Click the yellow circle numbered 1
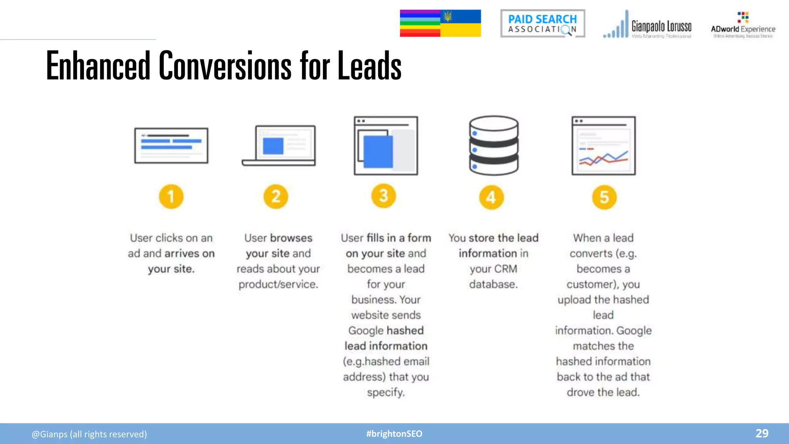[x=171, y=197]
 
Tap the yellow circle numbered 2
[x=276, y=197]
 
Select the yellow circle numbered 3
[x=384, y=196]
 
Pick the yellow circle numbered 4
[x=491, y=197]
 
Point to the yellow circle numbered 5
[x=604, y=197]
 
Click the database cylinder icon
[x=494, y=145]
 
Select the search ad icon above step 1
[x=171, y=146]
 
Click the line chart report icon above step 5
[x=604, y=146]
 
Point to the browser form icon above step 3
[x=386, y=146]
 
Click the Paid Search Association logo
[x=542, y=24]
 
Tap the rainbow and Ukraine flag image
[x=440, y=24]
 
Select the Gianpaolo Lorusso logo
[x=647, y=25]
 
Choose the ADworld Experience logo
[x=743, y=25]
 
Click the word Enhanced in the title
[x=98, y=66]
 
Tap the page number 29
[x=762, y=433]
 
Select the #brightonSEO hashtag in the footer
[x=394, y=434]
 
